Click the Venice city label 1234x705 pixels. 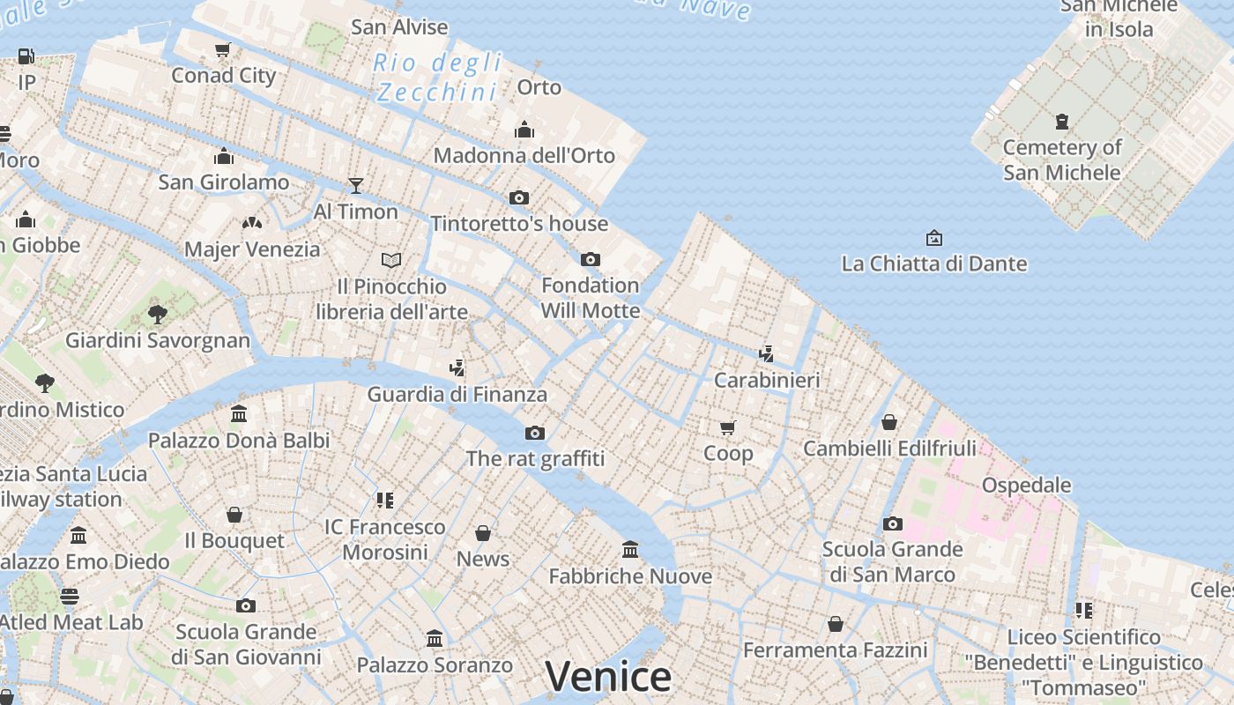pos(608,677)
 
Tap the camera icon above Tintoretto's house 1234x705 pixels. pos(519,197)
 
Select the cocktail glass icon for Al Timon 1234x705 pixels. pos(356,185)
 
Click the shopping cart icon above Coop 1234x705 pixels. pos(728,427)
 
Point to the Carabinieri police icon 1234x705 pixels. pos(767,354)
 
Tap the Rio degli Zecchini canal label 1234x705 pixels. pos(438,78)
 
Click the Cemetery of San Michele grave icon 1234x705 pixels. pos(1061,122)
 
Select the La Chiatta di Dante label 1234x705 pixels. pos(934,263)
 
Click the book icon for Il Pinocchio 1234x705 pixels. pos(391,260)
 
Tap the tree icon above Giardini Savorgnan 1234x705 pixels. pos(158,314)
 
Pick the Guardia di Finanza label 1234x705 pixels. pos(457,394)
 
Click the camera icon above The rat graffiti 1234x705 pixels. pos(535,433)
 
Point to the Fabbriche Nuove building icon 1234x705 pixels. pos(630,550)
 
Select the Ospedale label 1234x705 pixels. pos(1026,485)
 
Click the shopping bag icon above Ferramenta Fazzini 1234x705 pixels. pos(836,625)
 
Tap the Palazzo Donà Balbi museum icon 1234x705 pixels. pos(238,414)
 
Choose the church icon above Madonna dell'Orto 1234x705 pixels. pos(524,130)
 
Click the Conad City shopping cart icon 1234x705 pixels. pos(223,50)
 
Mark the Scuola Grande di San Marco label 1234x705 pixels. pos(892,561)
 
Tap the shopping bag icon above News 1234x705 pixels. pos(483,533)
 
